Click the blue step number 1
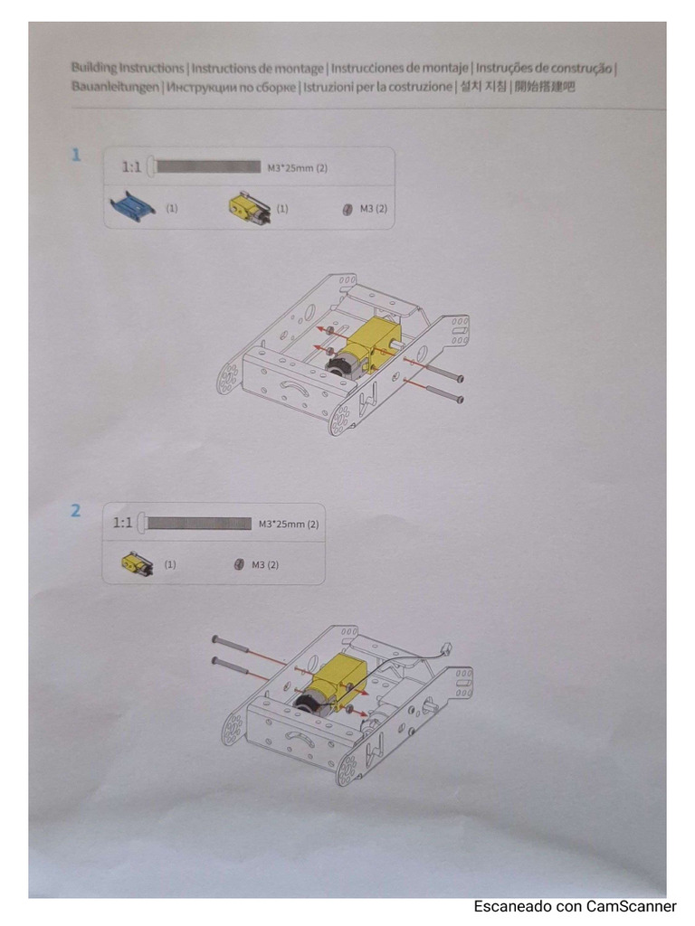coord(77,155)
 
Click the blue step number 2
coord(76,511)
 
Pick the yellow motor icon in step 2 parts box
coord(137,564)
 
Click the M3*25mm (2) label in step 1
coord(297,167)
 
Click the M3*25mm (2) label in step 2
coord(288,524)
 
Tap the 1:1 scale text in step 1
coord(132,167)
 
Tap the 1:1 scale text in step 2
coord(123,523)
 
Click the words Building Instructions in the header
coord(128,68)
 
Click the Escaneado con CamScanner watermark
coord(575,906)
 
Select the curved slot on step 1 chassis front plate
coord(296,387)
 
